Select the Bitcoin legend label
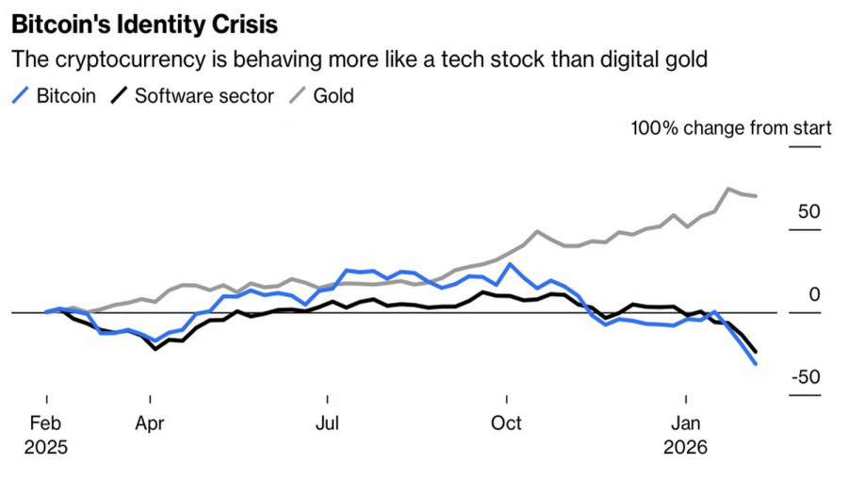pyautogui.click(x=66, y=95)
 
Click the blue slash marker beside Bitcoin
pyautogui.click(x=22, y=95)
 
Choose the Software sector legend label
pyautogui.click(x=204, y=95)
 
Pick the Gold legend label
pyautogui.click(x=334, y=95)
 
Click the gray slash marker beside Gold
pyautogui.click(x=299, y=95)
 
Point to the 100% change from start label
pyautogui.click(x=731, y=128)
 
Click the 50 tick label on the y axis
pyautogui.click(x=808, y=211)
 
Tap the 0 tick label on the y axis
pyautogui.click(x=815, y=294)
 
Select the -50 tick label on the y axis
pyautogui.click(x=805, y=377)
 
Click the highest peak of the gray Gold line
pyautogui.click(x=729, y=189)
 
